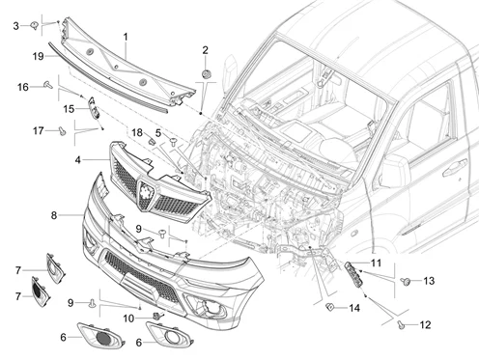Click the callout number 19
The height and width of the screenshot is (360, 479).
point(38,56)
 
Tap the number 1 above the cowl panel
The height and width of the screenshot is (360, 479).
point(126,37)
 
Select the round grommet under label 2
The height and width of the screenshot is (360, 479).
point(206,74)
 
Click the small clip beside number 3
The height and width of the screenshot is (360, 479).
point(34,25)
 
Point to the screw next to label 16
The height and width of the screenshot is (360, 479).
point(48,85)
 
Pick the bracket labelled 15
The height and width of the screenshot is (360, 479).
point(94,107)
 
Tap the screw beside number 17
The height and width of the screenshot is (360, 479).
point(63,130)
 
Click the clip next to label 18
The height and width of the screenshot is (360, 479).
point(152,141)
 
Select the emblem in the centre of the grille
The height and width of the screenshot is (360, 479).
point(146,194)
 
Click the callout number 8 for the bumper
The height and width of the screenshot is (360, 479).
point(54,215)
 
